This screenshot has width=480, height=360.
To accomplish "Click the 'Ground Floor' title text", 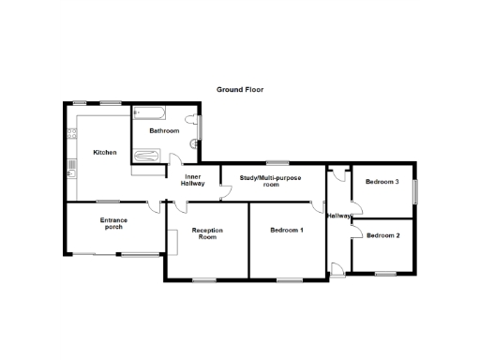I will [240, 90].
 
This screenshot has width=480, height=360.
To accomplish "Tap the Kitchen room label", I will [104, 152].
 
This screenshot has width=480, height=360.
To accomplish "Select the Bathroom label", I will [164, 131].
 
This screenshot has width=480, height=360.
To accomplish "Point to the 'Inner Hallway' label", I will [193, 180].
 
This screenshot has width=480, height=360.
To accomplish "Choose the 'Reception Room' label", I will [206, 233].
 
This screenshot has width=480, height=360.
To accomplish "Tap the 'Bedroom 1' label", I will [287, 230].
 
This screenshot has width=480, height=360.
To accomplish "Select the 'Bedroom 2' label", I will [383, 235].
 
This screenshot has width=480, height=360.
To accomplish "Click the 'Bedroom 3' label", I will [382, 181].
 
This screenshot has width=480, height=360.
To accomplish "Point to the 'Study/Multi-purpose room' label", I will [272, 181].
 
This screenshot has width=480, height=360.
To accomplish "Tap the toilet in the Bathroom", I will [194, 142].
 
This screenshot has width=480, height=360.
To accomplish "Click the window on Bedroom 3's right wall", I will [415, 188].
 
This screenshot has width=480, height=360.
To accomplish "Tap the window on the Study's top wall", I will [276, 163].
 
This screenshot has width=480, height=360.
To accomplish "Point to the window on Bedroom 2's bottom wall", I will [384, 274].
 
